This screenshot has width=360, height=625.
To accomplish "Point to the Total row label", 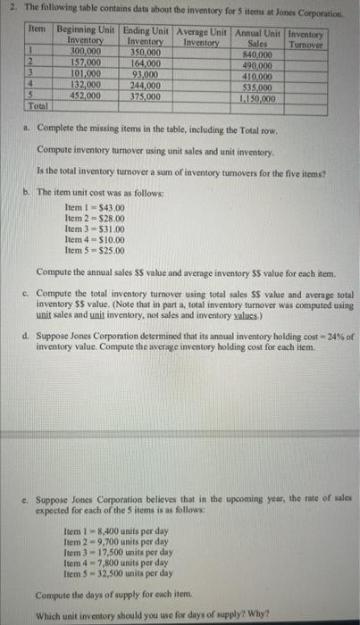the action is click(38, 106).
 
